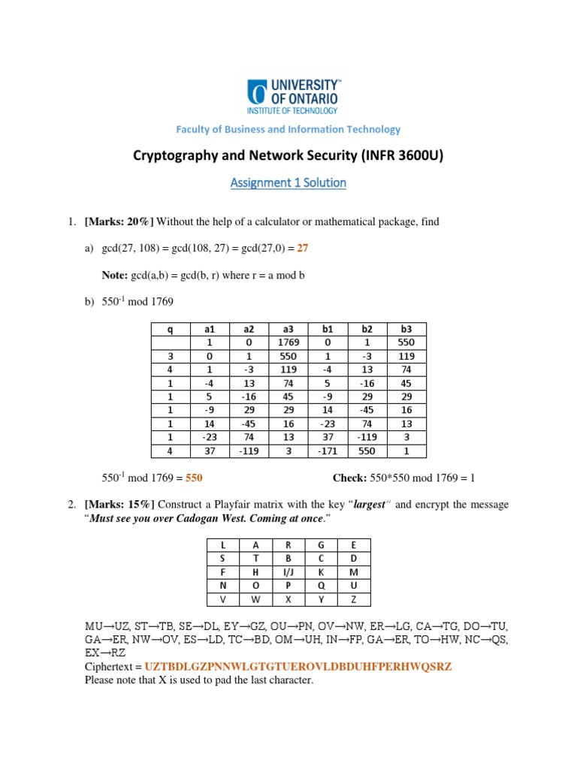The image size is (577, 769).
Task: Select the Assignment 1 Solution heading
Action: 288,182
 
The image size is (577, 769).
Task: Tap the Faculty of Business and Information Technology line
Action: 288,129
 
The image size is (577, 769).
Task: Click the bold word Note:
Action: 115,276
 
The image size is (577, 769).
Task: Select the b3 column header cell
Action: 406,329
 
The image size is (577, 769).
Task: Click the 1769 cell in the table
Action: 288,342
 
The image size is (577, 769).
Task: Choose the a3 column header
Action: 288,329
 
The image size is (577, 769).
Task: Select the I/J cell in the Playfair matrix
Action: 288,572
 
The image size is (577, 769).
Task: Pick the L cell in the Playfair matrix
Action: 223,545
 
